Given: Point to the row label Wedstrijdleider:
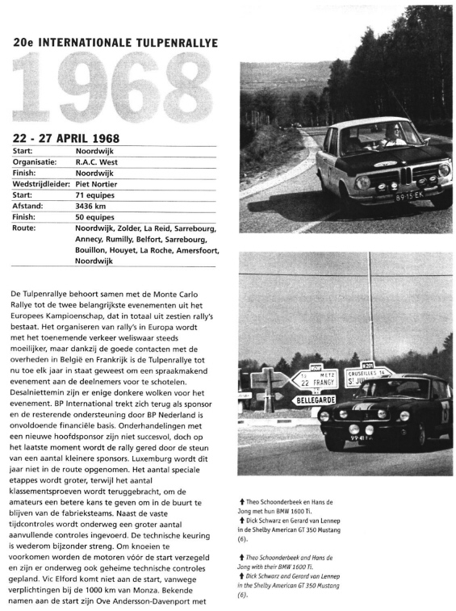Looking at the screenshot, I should click(x=40, y=183).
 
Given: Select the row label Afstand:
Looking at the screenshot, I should click(x=30, y=205).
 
